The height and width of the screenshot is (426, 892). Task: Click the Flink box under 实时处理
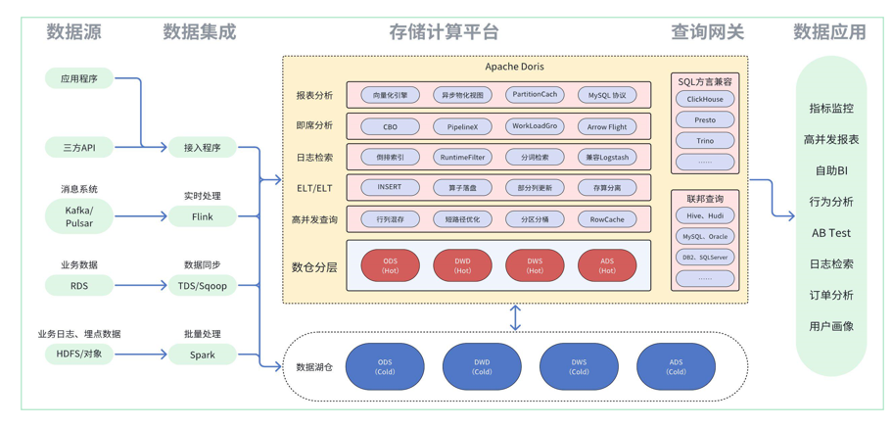203,216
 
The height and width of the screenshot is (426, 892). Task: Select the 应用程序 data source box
79,78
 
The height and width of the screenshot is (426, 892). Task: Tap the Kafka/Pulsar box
79,216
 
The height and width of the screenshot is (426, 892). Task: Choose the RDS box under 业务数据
79,286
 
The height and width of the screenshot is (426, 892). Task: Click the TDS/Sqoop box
203,286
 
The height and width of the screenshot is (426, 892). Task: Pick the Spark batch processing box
203,355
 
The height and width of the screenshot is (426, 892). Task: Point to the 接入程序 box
203,148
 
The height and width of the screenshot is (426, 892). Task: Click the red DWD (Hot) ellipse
462,265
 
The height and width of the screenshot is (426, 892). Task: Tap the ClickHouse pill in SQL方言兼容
705,99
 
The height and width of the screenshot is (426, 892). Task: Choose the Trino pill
705,141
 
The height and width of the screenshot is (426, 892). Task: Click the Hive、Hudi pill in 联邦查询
705,215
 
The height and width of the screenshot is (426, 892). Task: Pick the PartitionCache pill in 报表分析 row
535,95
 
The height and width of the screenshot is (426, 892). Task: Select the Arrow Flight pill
607,126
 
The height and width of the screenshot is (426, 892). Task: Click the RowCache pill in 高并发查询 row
607,219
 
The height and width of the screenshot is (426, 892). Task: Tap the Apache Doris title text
515,67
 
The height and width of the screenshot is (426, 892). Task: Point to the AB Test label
831,233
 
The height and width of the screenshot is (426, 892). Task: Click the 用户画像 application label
831,326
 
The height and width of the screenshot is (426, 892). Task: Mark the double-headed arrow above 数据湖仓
515,317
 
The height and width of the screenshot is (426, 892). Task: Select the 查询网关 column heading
707,31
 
